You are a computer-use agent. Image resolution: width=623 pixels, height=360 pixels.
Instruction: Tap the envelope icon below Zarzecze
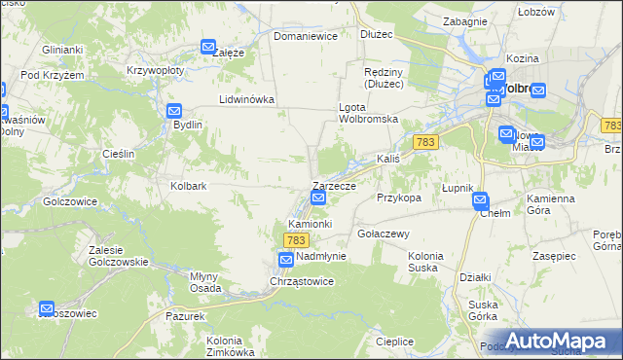coord(318,199)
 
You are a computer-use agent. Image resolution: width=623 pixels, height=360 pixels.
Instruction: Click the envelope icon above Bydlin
coord(174,111)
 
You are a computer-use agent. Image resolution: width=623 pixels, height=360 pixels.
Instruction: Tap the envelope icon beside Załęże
coord(207,47)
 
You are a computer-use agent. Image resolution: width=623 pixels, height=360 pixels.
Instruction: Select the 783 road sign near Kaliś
coord(423,142)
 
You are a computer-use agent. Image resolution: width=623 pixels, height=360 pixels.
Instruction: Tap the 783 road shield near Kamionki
coord(297,239)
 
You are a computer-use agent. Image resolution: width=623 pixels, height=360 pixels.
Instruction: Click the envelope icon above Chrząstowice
coord(285,260)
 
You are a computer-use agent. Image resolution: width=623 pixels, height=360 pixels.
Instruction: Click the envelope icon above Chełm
coord(480,200)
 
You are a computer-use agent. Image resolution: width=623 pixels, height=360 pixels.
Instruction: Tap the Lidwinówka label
coord(247,99)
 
